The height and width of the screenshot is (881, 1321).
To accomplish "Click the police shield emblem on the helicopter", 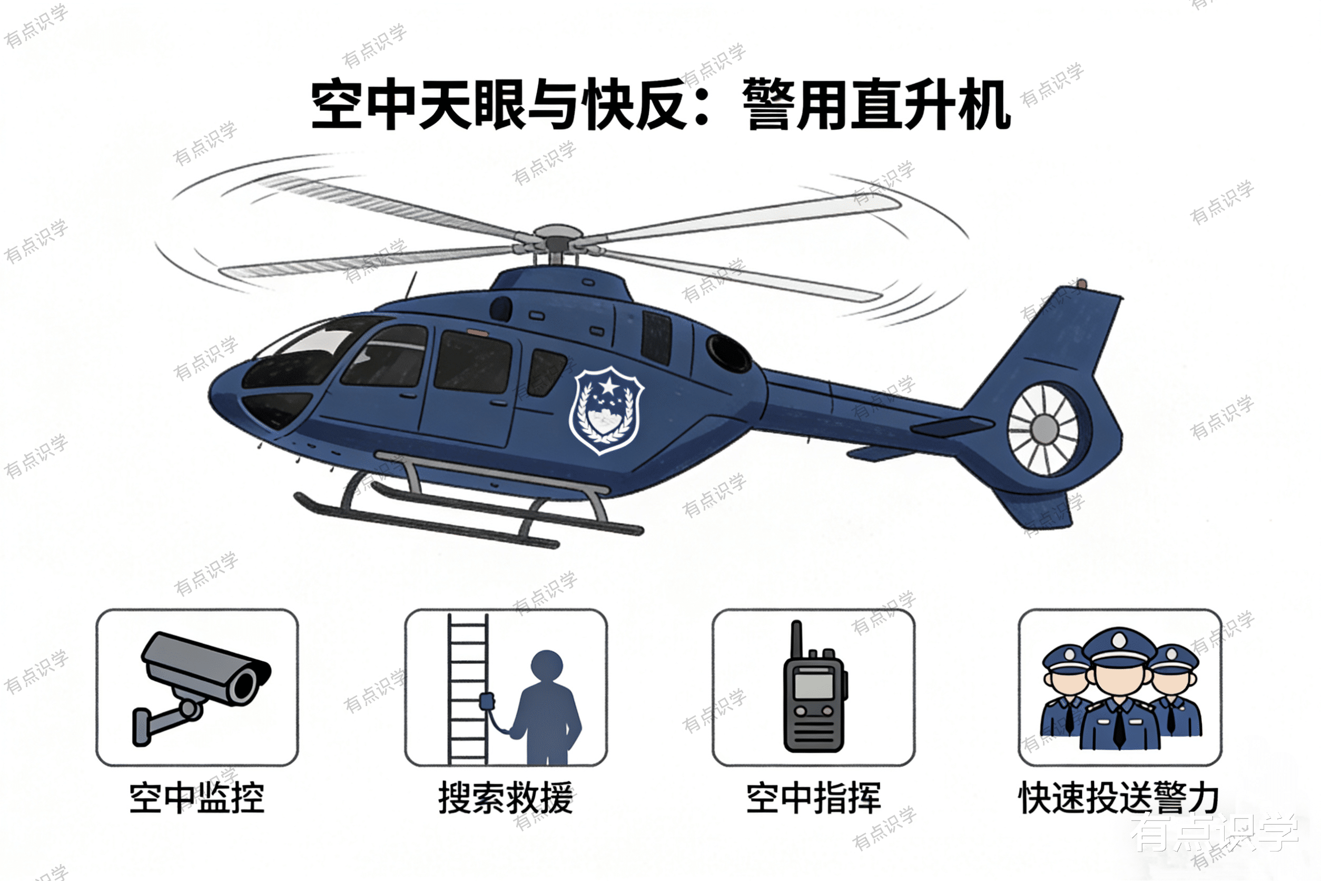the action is pos(607,410).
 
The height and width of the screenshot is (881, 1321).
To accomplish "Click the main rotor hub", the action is pos(556,238).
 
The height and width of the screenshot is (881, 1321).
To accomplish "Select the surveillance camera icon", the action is pos(201,688).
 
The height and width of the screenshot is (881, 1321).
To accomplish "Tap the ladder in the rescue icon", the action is pos(467,688).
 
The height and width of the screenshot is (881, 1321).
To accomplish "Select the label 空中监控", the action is pos(196,797).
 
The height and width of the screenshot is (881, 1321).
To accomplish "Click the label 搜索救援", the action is pos(506,797).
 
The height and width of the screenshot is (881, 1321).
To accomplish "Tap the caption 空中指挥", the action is pos(813,797).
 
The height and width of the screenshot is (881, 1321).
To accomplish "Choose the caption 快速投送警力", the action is pos(1119,797).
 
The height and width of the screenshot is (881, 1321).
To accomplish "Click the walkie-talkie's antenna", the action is pos(796,641).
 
